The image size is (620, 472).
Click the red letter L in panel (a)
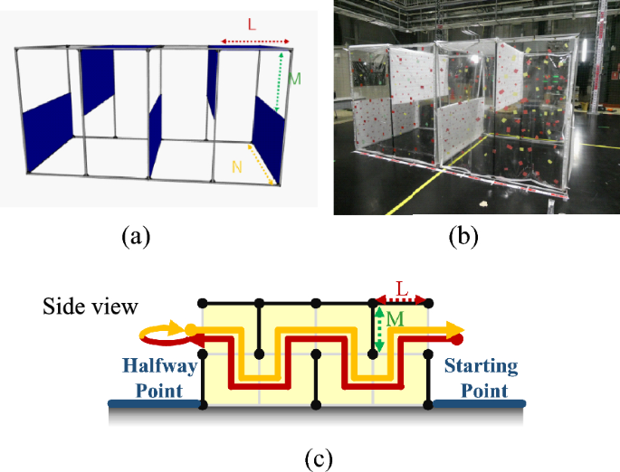click(x=251, y=25)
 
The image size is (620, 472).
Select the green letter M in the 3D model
click(x=294, y=79)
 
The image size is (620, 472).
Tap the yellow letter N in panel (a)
click(x=237, y=165)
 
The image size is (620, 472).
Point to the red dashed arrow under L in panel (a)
click(x=254, y=41)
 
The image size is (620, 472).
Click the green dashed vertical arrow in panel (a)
click(x=281, y=81)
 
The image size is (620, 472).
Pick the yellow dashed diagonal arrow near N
click(x=260, y=164)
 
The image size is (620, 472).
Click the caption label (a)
click(x=136, y=238)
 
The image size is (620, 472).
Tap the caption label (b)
click(x=463, y=238)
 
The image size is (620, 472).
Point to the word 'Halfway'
click(x=150, y=369)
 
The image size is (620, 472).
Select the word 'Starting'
click(x=480, y=367)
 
